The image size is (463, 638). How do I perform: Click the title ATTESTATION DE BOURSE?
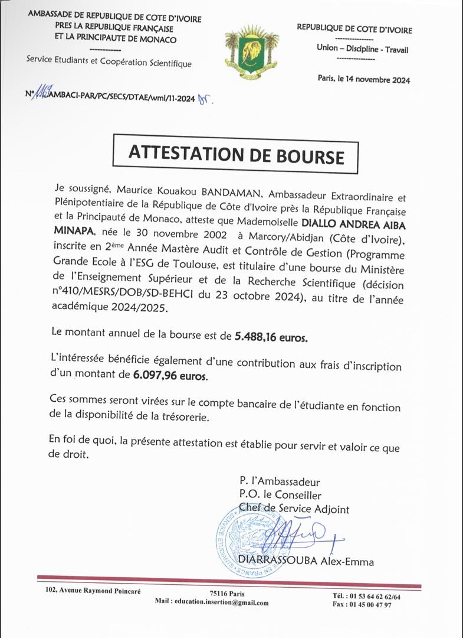(x=235, y=155)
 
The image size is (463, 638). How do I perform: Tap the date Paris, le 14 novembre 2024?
(x=363, y=80)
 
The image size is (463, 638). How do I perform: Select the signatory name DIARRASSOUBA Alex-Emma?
(x=306, y=561)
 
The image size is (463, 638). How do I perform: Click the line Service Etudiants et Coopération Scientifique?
(x=109, y=63)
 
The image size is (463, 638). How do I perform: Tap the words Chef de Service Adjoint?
(x=294, y=509)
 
